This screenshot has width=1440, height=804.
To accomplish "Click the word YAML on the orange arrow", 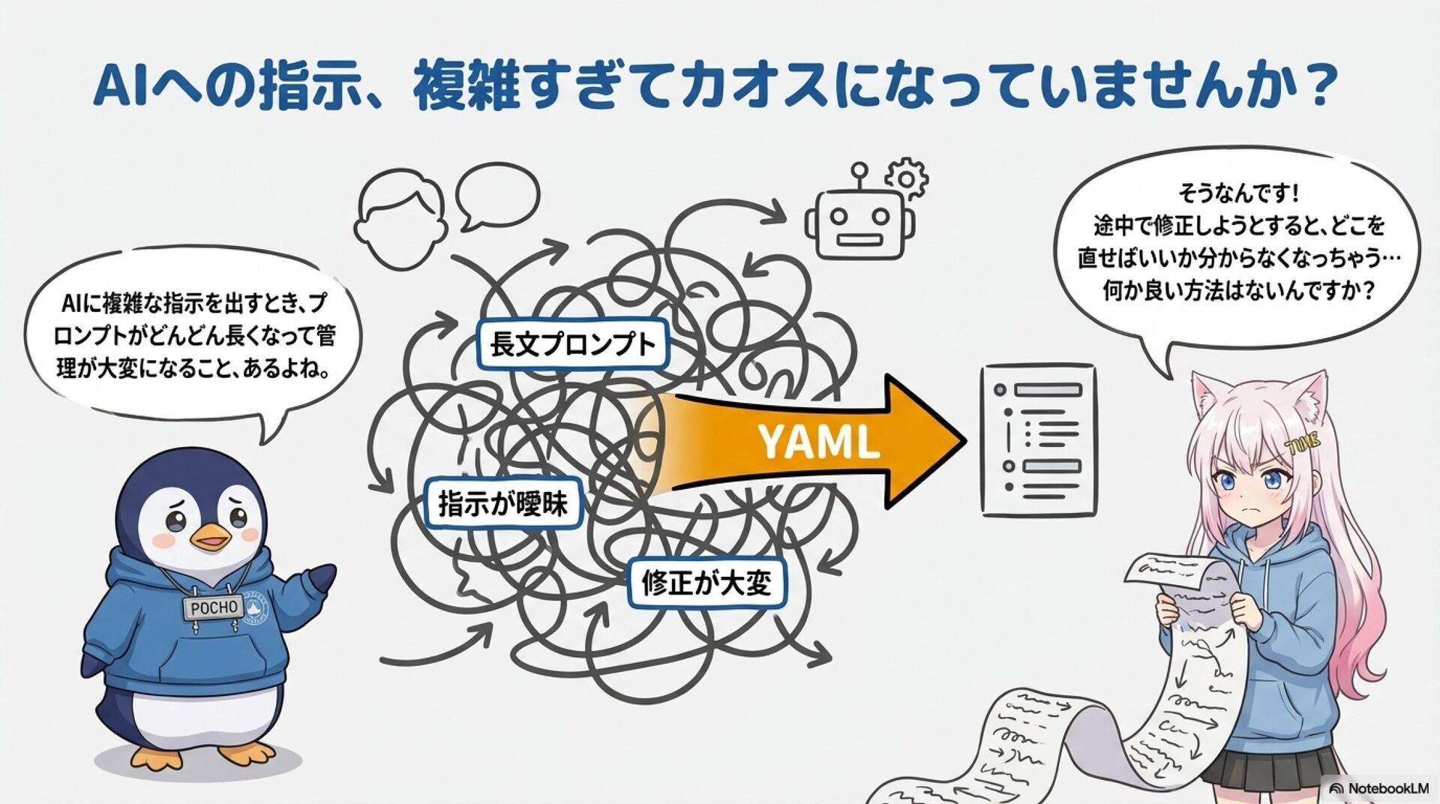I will point(818,442).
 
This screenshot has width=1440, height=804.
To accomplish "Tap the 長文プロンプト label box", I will point(572,344).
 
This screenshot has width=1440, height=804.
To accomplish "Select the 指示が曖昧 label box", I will point(503,503).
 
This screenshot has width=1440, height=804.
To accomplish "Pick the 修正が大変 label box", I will point(706,583).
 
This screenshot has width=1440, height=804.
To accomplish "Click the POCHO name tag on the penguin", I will point(213,607).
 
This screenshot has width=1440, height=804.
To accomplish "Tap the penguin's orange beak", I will point(211,537).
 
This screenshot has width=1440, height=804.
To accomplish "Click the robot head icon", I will point(859,223).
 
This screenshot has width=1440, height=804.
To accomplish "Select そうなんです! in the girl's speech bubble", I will point(1238,193).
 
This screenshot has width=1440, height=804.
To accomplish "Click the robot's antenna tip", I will point(859,169).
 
